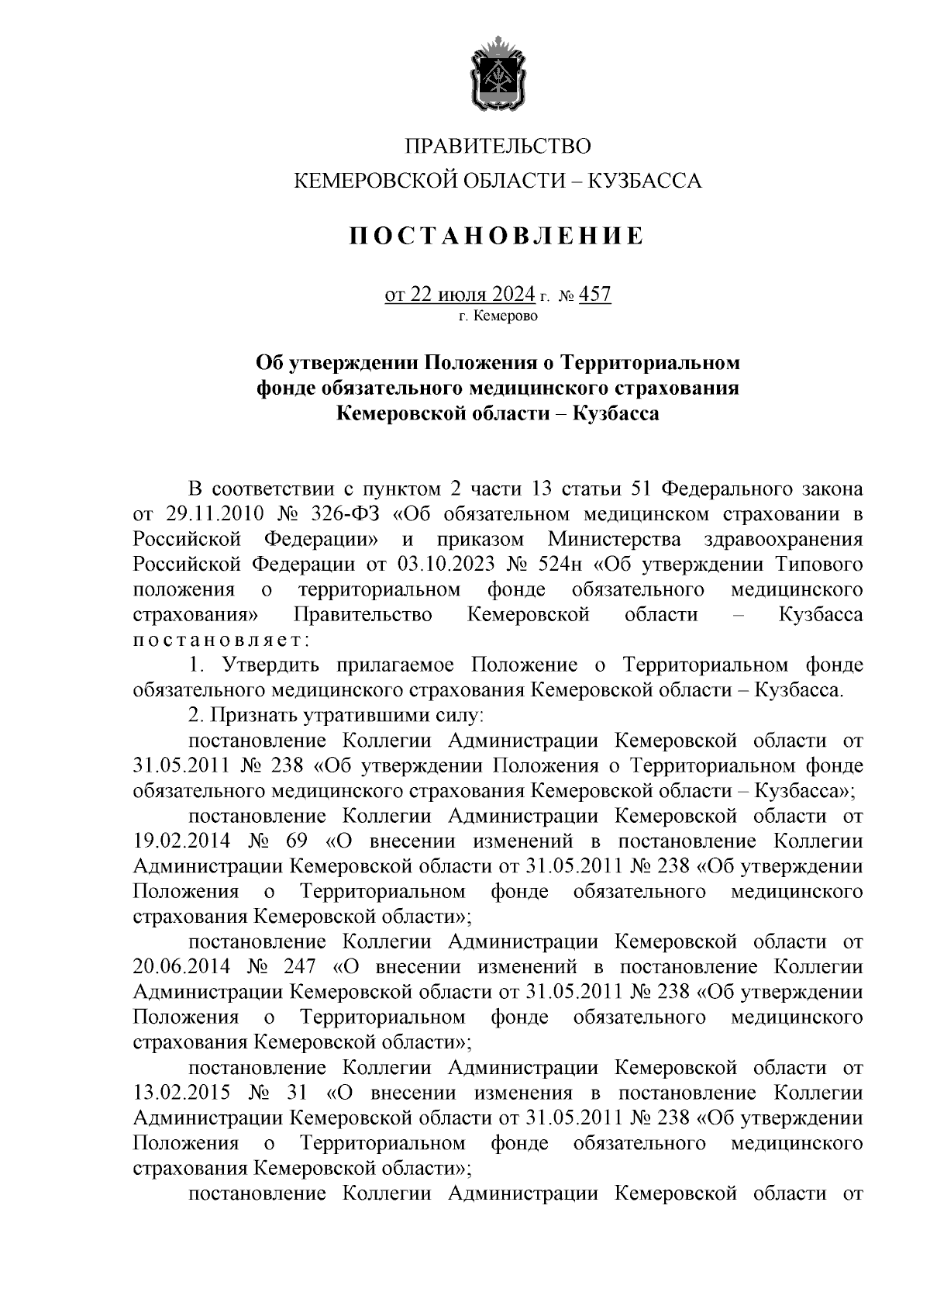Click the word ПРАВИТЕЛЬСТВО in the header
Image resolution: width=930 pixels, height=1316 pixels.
coord(498,146)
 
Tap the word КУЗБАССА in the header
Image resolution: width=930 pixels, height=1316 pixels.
coord(646,181)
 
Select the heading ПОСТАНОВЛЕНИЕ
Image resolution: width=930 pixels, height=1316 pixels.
coord(497,236)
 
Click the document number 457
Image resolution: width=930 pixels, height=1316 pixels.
coord(595,295)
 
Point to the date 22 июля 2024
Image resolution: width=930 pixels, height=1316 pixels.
coord(473,295)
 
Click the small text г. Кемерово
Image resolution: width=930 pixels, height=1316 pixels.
coord(498,316)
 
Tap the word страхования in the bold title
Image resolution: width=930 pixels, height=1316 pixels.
coord(673,388)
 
